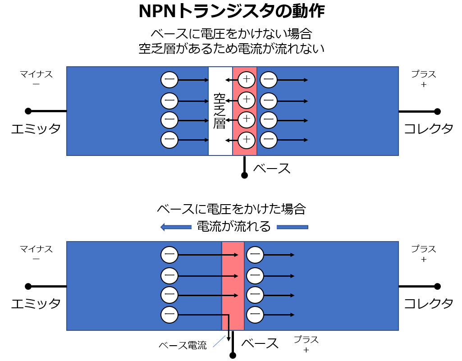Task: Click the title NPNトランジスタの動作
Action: point(231,11)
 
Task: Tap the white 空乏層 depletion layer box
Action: point(220,111)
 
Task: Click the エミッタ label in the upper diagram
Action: point(36,129)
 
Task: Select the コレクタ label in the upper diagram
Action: point(428,129)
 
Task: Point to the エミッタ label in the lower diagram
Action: point(36,303)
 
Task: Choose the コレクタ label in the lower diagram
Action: point(428,303)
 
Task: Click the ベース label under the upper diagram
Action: point(271,169)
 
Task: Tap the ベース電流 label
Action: point(183,346)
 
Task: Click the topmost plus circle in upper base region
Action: point(247,80)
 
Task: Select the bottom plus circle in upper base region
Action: point(247,140)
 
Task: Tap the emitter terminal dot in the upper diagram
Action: point(28,111)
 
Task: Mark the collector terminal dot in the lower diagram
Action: point(437,286)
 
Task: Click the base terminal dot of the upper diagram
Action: point(244,175)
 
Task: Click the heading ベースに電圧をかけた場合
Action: point(231,209)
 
